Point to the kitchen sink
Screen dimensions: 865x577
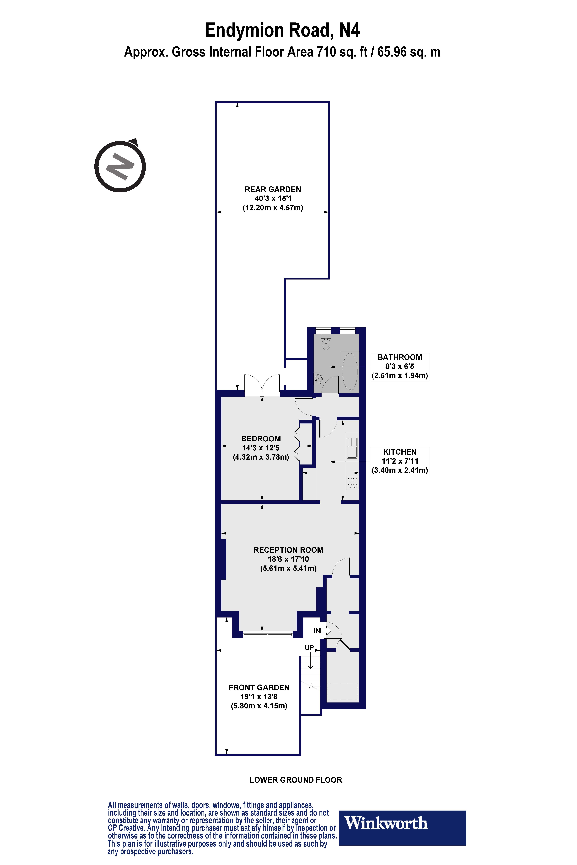tap(352, 447)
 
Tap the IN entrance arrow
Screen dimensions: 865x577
tap(325, 631)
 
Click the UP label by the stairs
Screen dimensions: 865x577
tap(309, 648)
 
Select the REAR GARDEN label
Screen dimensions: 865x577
tap(273, 189)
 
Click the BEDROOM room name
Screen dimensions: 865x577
tap(261, 439)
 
